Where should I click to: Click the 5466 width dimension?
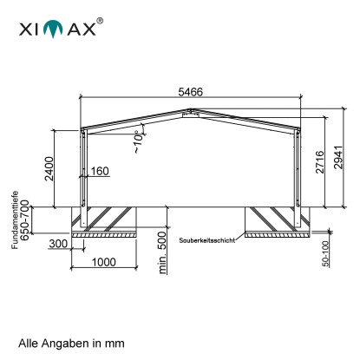(x=191, y=92)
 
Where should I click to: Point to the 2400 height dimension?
(x=49, y=168)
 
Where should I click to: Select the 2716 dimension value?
(x=320, y=162)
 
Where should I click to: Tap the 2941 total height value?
(x=338, y=157)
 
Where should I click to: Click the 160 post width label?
(x=100, y=171)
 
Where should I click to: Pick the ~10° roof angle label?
(x=139, y=141)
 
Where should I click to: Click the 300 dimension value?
(x=58, y=244)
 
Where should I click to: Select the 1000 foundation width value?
(x=104, y=262)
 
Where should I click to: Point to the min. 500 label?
(x=163, y=252)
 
